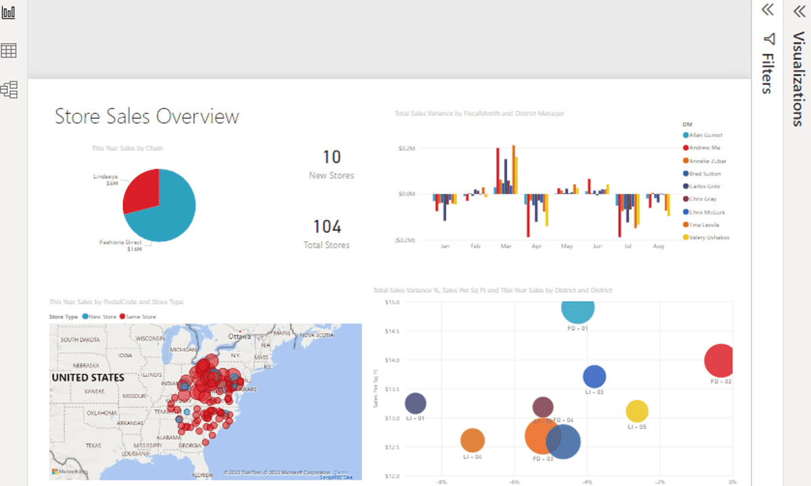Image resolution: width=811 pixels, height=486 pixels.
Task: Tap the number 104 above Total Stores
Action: pyautogui.click(x=327, y=227)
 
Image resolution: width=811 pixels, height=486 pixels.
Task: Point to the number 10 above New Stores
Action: pyautogui.click(x=331, y=157)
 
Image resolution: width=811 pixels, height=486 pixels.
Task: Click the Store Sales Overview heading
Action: pyautogui.click(x=147, y=116)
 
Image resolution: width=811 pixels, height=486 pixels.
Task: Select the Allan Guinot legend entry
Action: pyautogui.click(x=705, y=135)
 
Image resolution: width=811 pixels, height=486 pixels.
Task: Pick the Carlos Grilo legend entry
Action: pyautogui.click(x=704, y=186)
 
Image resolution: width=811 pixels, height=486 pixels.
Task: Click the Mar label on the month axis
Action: pyautogui.click(x=506, y=247)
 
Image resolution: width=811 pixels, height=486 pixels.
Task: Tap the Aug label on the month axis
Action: pyautogui.click(x=659, y=247)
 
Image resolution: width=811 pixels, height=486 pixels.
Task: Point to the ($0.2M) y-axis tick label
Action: pyautogui.click(x=405, y=240)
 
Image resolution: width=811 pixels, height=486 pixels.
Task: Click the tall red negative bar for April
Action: pyautogui.click(x=528, y=216)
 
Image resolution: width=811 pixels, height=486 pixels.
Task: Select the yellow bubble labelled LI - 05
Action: pyautogui.click(x=637, y=410)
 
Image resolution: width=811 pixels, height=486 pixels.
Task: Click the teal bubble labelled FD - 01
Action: pyautogui.click(x=578, y=309)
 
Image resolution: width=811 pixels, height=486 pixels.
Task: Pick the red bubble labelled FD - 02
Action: pyautogui.click(x=720, y=360)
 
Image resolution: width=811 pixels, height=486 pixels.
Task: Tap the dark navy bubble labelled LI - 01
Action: pyautogui.click(x=415, y=404)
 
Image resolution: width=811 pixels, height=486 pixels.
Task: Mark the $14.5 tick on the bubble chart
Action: pyautogui.click(x=392, y=331)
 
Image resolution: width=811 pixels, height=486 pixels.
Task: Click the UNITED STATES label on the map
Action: pyautogui.click(x=88, y=377)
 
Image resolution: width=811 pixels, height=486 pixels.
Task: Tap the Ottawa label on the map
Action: pyautogui.click(x=239, y=336)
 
